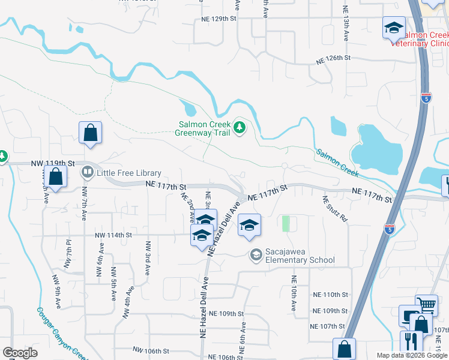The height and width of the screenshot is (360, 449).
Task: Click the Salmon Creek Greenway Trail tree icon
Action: pos(240,127)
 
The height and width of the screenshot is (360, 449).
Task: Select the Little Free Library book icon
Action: pos(87,173)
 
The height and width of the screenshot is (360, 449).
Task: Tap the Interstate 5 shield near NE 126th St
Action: pos(426,98)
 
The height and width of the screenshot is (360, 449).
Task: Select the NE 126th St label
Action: pos(333,58)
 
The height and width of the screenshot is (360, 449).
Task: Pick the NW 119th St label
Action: pos(54,163)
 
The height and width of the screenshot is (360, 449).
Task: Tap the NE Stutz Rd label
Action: pos(335,209)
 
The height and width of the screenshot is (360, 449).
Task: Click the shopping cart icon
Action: pos(426,305)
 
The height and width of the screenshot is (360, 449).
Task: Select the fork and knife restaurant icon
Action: pos(411,341)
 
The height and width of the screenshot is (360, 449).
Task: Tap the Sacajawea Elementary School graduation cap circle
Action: pos(256,255)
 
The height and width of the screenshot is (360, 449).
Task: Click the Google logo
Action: pos(20,353)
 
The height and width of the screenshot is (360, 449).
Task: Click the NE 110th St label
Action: pos(330,295)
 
